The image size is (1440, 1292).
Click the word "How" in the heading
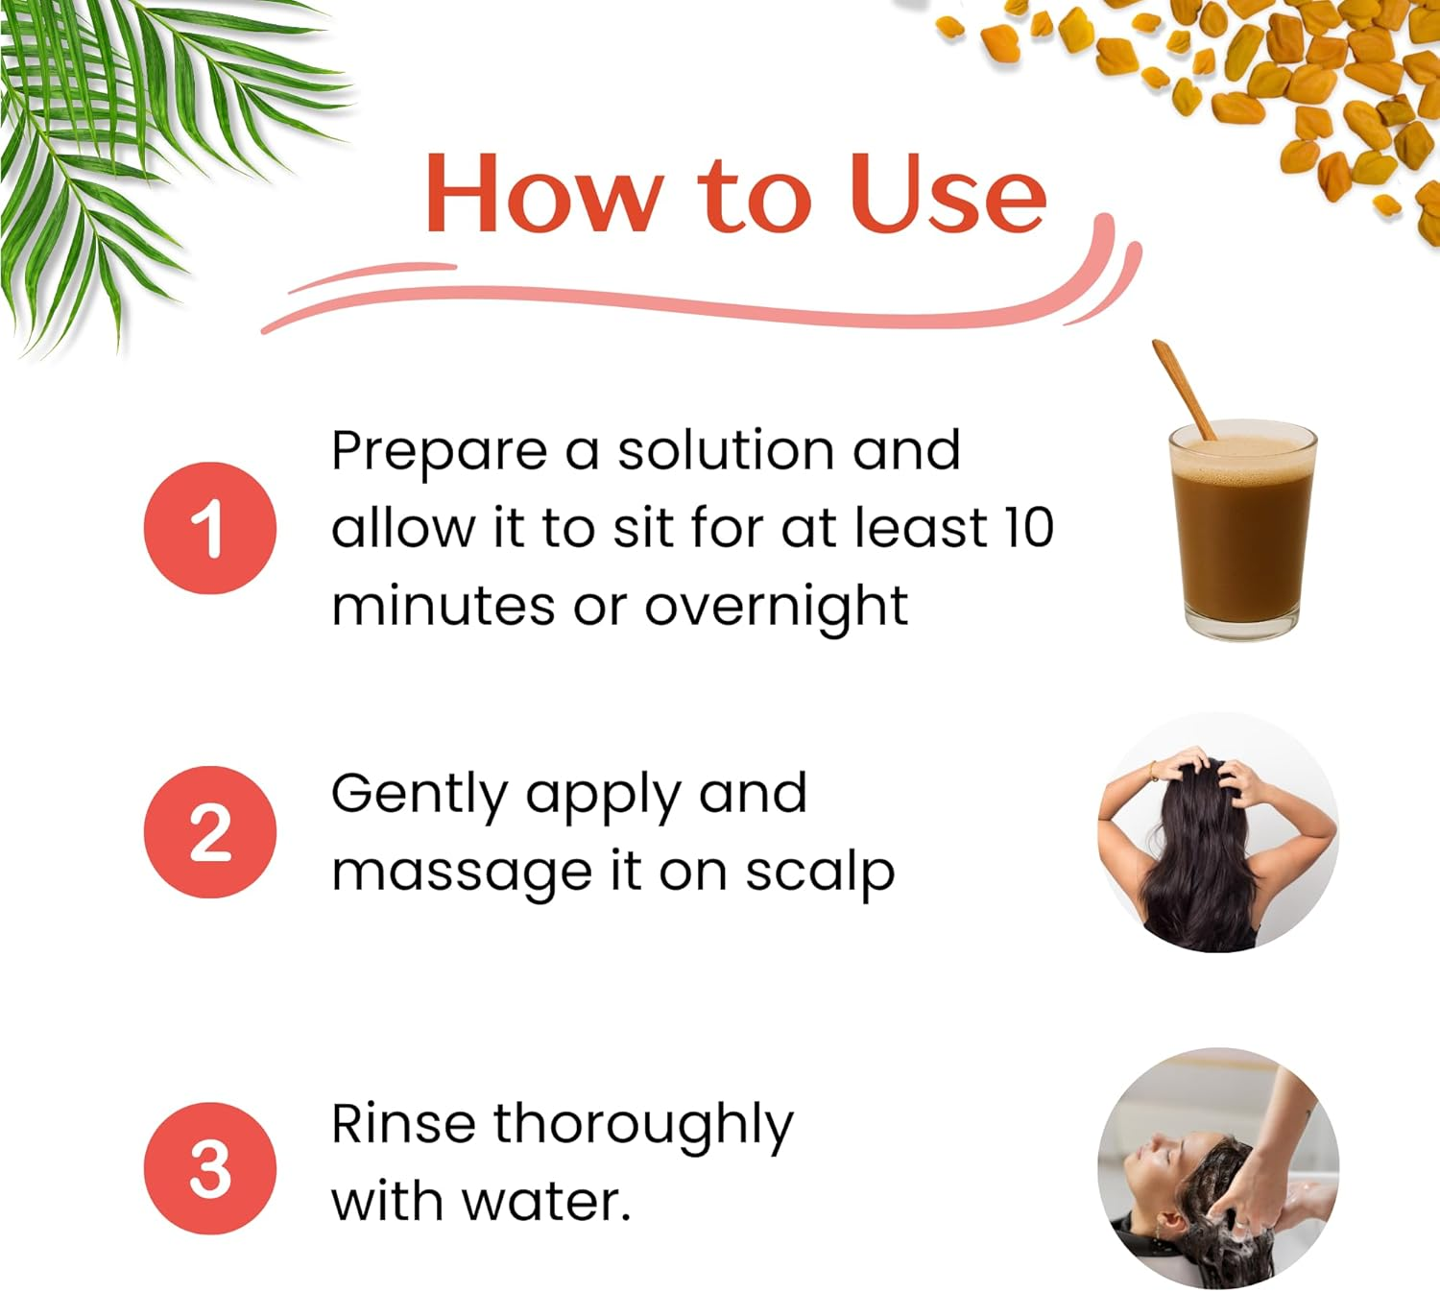click(x=544, y=194)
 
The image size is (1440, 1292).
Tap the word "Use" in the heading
click(x=948, y=194)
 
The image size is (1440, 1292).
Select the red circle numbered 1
click(x=209, y=528)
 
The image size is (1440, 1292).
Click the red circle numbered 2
click(x=209, y=832)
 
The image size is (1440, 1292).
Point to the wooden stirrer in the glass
click(x=1184, y=390)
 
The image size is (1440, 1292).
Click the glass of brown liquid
click(x=1242, y=530)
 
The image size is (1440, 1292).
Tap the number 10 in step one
click(x=1028, y=528)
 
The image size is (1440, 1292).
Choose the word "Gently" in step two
click(x=419, y=796)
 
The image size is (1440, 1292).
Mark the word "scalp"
click(x=820, y=874)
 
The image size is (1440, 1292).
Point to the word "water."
click(x=546, y=1203)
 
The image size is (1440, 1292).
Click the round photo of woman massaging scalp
click(x=1218, y=832)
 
